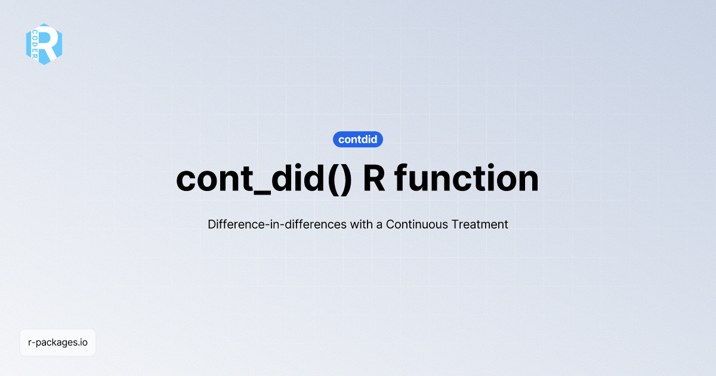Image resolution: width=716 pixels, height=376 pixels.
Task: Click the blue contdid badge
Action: (x=357, y=140)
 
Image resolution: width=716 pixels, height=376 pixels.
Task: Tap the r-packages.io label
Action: (x=58, y=343)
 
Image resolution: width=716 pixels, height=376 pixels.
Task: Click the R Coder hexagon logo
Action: (x=44, y=44)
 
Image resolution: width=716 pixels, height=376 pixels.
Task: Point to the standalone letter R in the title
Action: (x=374, y=178)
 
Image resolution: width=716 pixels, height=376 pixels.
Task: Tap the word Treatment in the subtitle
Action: (x=480, y=225)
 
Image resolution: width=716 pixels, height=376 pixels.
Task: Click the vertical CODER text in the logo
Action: (x=35, y=44)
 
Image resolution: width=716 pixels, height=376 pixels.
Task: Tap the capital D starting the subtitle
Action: (x=212, y=225)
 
